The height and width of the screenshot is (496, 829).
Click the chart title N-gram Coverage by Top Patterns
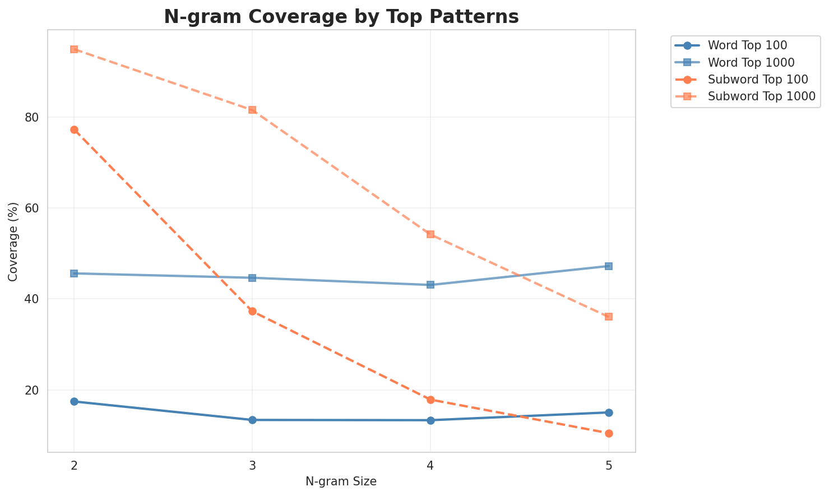click(341, 17)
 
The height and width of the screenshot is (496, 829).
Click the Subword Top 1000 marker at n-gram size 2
click(74, 49)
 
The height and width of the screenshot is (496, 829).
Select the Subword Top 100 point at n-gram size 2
click(74, 129)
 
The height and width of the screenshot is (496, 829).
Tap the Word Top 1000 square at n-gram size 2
click(74, 274)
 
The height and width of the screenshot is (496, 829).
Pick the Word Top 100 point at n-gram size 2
click(74, 401)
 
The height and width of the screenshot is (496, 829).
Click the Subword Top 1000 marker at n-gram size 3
click(252, 110)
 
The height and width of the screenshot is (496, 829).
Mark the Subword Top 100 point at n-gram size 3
click(252, 311)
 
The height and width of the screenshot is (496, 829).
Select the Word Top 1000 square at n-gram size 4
click(430, 285)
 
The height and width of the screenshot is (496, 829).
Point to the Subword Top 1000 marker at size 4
click(430, 234)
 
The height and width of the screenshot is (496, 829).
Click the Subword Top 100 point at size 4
click(430, 400)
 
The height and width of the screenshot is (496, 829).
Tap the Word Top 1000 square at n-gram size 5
click(609, 266)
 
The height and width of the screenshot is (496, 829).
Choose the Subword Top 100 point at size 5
click(609, 433)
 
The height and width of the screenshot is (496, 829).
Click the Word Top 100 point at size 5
click(609, 412)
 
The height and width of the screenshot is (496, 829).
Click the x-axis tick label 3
click(252, 465)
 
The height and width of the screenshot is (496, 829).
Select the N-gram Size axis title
click(341, 481)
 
